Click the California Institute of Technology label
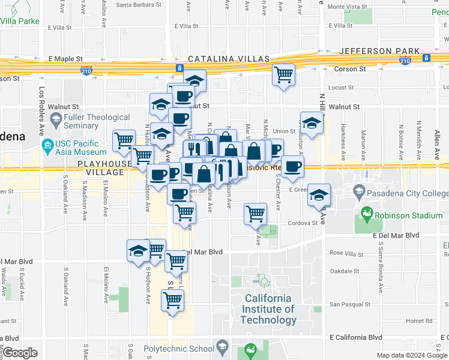(x=268, y=309)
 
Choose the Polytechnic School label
(x=179, y=349)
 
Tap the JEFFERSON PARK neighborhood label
(x=370, y=51)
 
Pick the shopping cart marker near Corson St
(x=283, y=75)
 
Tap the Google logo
(x=19, y=353)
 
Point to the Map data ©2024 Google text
(x=411, y=355)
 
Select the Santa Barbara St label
(x=139, y=5)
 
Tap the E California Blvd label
(x=356, y=338)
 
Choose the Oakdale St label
(x=345, y=271)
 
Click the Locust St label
(x=342, y=88)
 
